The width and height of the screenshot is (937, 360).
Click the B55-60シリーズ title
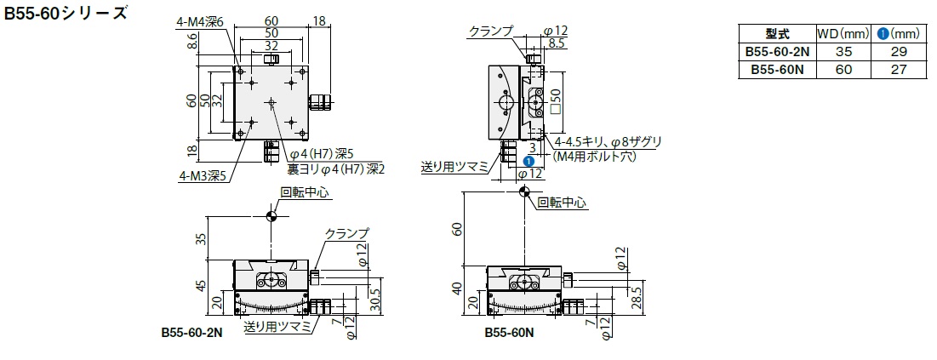(x=66, y=13)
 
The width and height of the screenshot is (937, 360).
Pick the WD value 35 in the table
(x=843, y=51)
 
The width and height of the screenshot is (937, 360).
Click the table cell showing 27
(x=899, y=70)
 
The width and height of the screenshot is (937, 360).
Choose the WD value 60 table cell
(x=843, y=70)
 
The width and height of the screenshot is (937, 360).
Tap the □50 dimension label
(x=557, y=101)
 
